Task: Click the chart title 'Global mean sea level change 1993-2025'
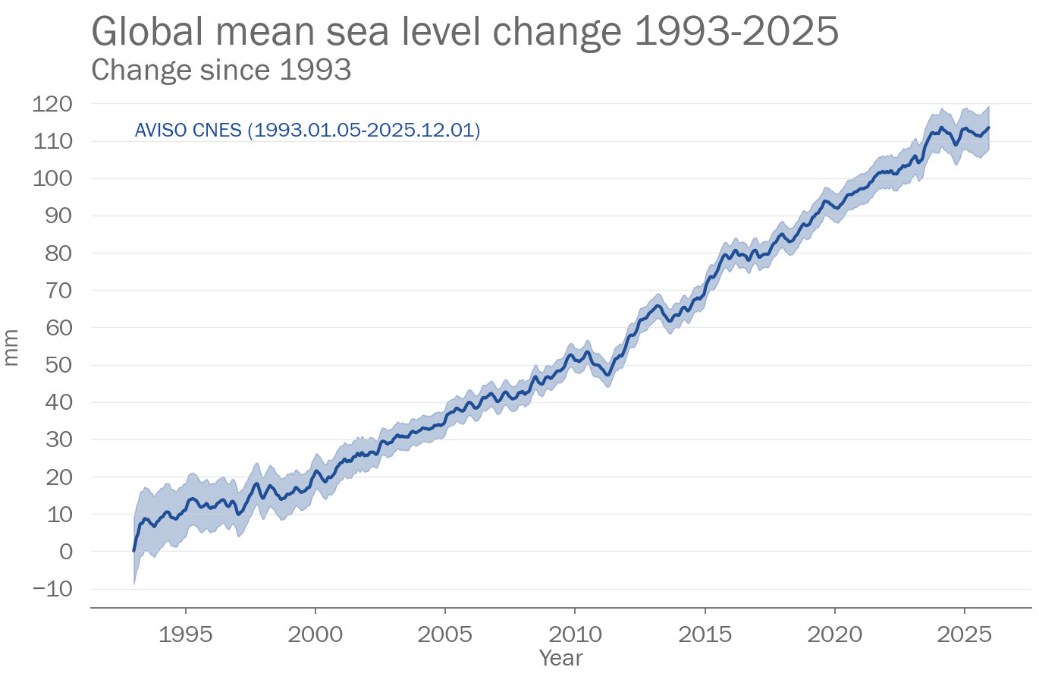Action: tap(465, 32)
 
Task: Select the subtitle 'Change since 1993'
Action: tap(221, 70)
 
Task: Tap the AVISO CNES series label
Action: tap(307, 131)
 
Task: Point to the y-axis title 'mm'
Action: tap(11, 348)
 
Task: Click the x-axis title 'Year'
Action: tap(560, 658)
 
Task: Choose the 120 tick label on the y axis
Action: tap(52, 104)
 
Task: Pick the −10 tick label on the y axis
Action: tap(52, 589)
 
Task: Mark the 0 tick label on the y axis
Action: tap(66, 552)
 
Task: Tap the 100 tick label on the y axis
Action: tap(52, 178)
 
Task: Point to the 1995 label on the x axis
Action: tap(185, 634)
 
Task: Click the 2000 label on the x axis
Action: tap(315, 634)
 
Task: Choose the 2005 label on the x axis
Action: tap(444, 634)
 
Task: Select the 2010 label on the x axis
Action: tap(575, 634)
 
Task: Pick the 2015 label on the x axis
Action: tap(705, 634)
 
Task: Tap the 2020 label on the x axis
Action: tap(835, 634)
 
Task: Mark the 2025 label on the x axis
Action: tap(965, 634)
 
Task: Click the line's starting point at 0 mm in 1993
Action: tap(134, 551)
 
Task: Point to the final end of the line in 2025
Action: tap(989, 127)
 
